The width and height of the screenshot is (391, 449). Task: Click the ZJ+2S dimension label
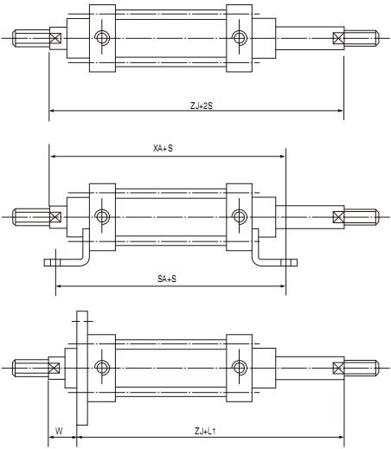[202, 106]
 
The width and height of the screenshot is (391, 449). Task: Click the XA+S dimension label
[163, 148]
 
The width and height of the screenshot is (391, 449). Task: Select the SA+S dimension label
[167, 279]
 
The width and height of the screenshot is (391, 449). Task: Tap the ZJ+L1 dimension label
[205, 432]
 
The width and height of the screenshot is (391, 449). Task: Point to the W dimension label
[59, 431]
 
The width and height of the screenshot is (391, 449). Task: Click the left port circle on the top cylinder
[102, 37]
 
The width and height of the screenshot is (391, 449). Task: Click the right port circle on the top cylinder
[240, 37]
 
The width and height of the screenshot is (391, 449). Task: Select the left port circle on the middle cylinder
[102, 216]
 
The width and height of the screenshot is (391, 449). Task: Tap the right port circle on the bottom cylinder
[240, 368]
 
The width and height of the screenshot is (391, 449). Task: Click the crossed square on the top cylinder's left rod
[55, 38]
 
